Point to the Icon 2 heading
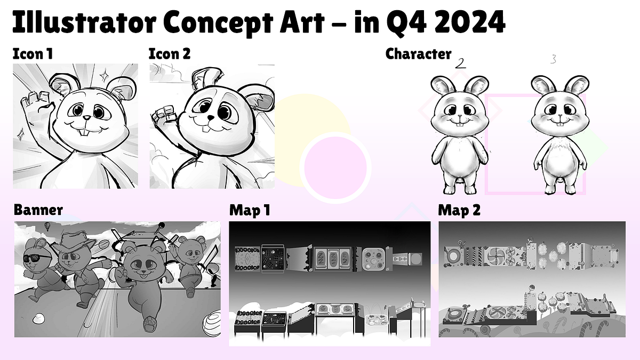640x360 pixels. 169,54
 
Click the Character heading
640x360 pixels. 418,54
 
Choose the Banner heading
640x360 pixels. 38,210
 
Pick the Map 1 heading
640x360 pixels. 250,210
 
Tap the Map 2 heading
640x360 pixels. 459,210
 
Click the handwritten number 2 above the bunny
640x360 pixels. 461,63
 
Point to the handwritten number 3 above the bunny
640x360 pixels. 553,60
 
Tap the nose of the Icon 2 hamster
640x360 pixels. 211,117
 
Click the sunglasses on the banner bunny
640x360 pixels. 37,259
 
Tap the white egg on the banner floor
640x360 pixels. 38,318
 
